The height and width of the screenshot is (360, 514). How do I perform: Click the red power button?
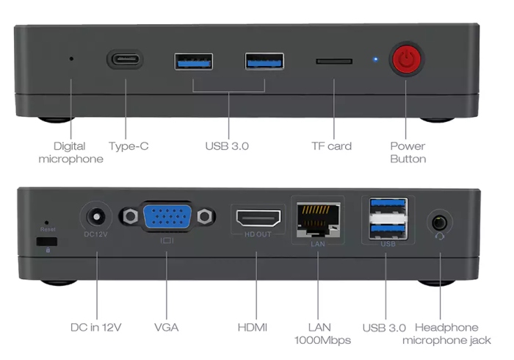click(406, 60)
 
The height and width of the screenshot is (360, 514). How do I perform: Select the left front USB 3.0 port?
click(194, 60)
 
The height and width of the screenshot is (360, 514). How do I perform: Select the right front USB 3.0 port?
click(264, 60)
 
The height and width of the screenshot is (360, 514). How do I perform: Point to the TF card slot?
click(333, 61)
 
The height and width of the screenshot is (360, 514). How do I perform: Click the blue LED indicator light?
click(375, 60)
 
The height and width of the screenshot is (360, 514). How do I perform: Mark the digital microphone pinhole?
click(71, 59)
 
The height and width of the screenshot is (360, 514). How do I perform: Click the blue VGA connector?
click(167, 217)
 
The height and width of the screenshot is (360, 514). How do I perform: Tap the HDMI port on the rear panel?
click(258, 218)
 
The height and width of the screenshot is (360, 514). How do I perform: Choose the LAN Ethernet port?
click(318, 218)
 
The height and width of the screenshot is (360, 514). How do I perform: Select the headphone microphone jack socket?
click(440, 220)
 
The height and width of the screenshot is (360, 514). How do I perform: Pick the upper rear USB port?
click(387, 206)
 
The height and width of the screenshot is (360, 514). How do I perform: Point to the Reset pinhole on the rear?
click(48, 222)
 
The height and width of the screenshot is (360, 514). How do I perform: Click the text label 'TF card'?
click(331, 146)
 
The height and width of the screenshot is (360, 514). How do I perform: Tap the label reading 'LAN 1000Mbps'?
click(322, 334)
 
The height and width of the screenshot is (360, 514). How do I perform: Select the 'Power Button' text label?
click(408, 152)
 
